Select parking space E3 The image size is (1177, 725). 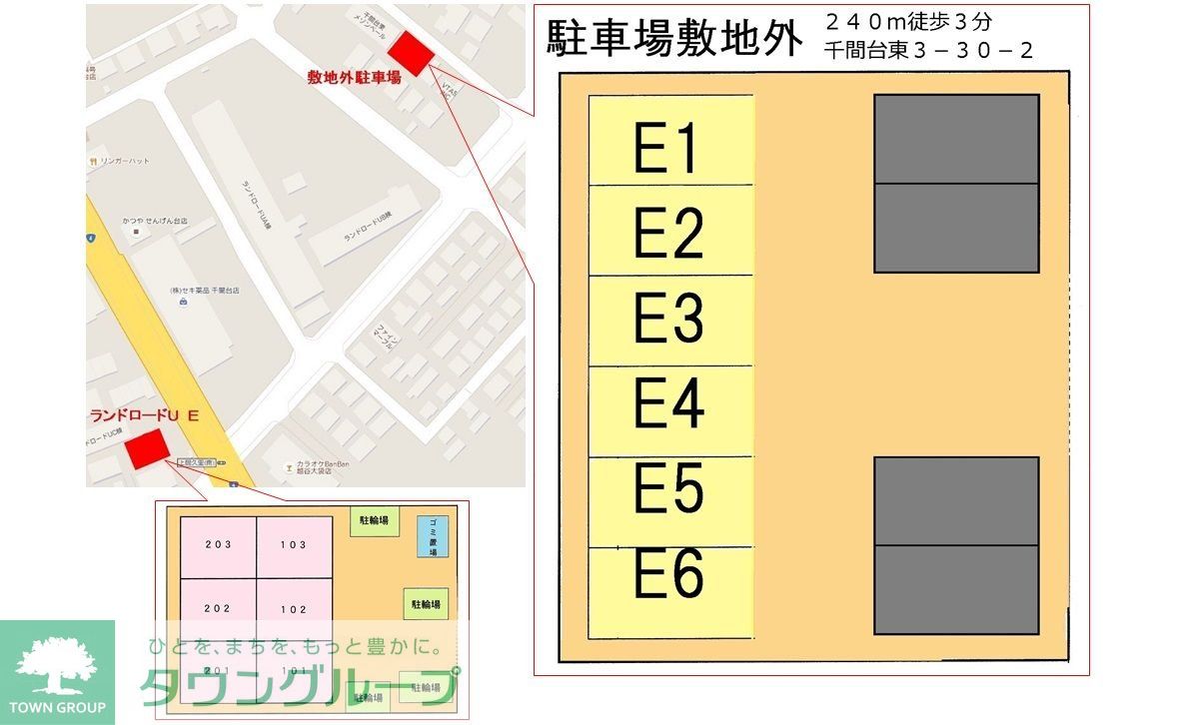click(x=670, y=321)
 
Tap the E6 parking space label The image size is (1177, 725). click(x=670, y=576)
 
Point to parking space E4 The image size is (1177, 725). click(x=670, y=410)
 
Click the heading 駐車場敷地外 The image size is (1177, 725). click(x=675, y=39)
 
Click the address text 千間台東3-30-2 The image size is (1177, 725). click(x=929, y=50)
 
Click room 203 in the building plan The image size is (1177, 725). click(x=218, y=545)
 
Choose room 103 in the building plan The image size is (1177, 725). click(x=294, y=545)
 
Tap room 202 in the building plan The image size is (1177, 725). click(x=218, y=609)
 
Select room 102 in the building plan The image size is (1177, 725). click(x=294, y=609)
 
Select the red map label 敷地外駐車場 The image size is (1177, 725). click(x=354, y=77)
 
